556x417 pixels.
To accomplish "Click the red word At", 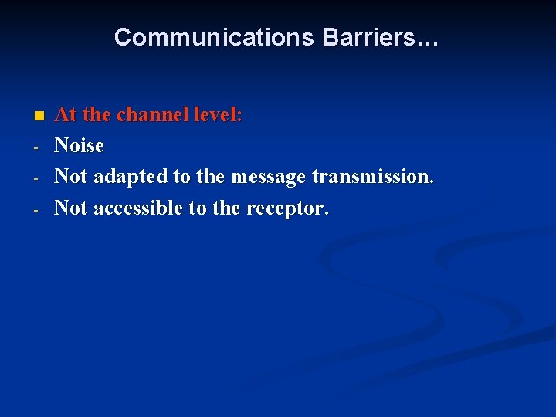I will tap(66, 115).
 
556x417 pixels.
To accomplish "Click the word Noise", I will tap(79, 146).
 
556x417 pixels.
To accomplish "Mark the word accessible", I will tap(138, 208).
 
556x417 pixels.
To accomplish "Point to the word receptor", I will tap(287, 208).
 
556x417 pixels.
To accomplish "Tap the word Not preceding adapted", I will tap(71, 177).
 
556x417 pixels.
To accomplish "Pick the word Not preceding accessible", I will tap(71, 208).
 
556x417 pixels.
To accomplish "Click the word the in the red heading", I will tap(97, 115).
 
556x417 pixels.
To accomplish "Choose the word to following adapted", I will tap(182, 177).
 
